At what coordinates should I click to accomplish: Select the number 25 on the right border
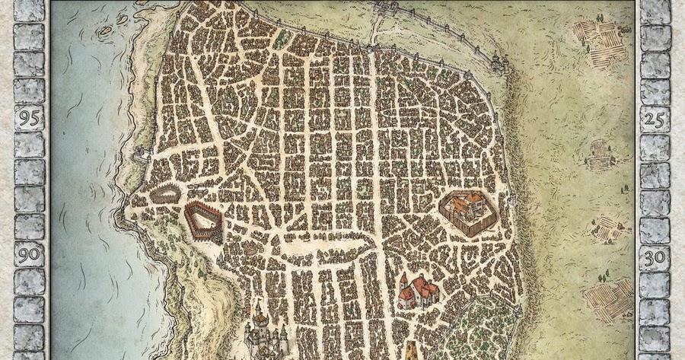coord(655,118)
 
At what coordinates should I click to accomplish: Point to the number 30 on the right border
coord(655,256)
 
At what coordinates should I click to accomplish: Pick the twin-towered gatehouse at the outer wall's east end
coord(498,61)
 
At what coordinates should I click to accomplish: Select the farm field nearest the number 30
coord(608,228)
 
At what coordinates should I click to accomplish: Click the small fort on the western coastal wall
coord(139,156)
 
